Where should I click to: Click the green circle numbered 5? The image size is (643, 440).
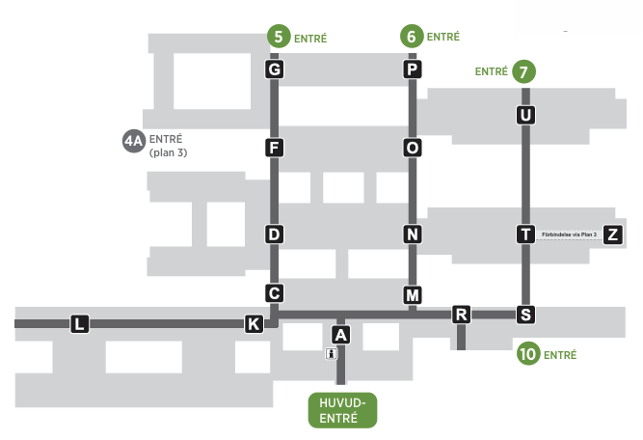[279, 36]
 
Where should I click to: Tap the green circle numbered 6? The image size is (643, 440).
[412, 36]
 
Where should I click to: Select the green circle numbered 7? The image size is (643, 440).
[523, 71]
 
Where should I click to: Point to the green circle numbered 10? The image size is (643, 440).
[528, 353]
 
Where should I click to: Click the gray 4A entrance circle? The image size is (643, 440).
[134, 141]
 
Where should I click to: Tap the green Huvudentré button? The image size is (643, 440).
[342, 410]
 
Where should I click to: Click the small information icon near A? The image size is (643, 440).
[332, 353]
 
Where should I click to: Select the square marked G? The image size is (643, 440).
[275, 69]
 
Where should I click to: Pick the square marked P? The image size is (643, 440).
[413, 69]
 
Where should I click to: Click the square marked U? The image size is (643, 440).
[525, 115]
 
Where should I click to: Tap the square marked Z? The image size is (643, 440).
[613, 234]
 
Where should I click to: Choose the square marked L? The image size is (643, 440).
[80, 324]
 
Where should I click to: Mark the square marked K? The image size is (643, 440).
[254, 324]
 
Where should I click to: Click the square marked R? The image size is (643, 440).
[461, 315]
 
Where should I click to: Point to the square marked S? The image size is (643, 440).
[525, 315]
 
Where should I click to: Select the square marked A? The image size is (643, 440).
[340, 335]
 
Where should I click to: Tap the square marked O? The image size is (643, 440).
[413, 148]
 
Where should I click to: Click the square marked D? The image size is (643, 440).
[275, 234]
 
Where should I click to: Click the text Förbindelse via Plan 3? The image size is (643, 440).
[569, 234]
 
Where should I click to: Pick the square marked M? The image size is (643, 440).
[413, 295]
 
